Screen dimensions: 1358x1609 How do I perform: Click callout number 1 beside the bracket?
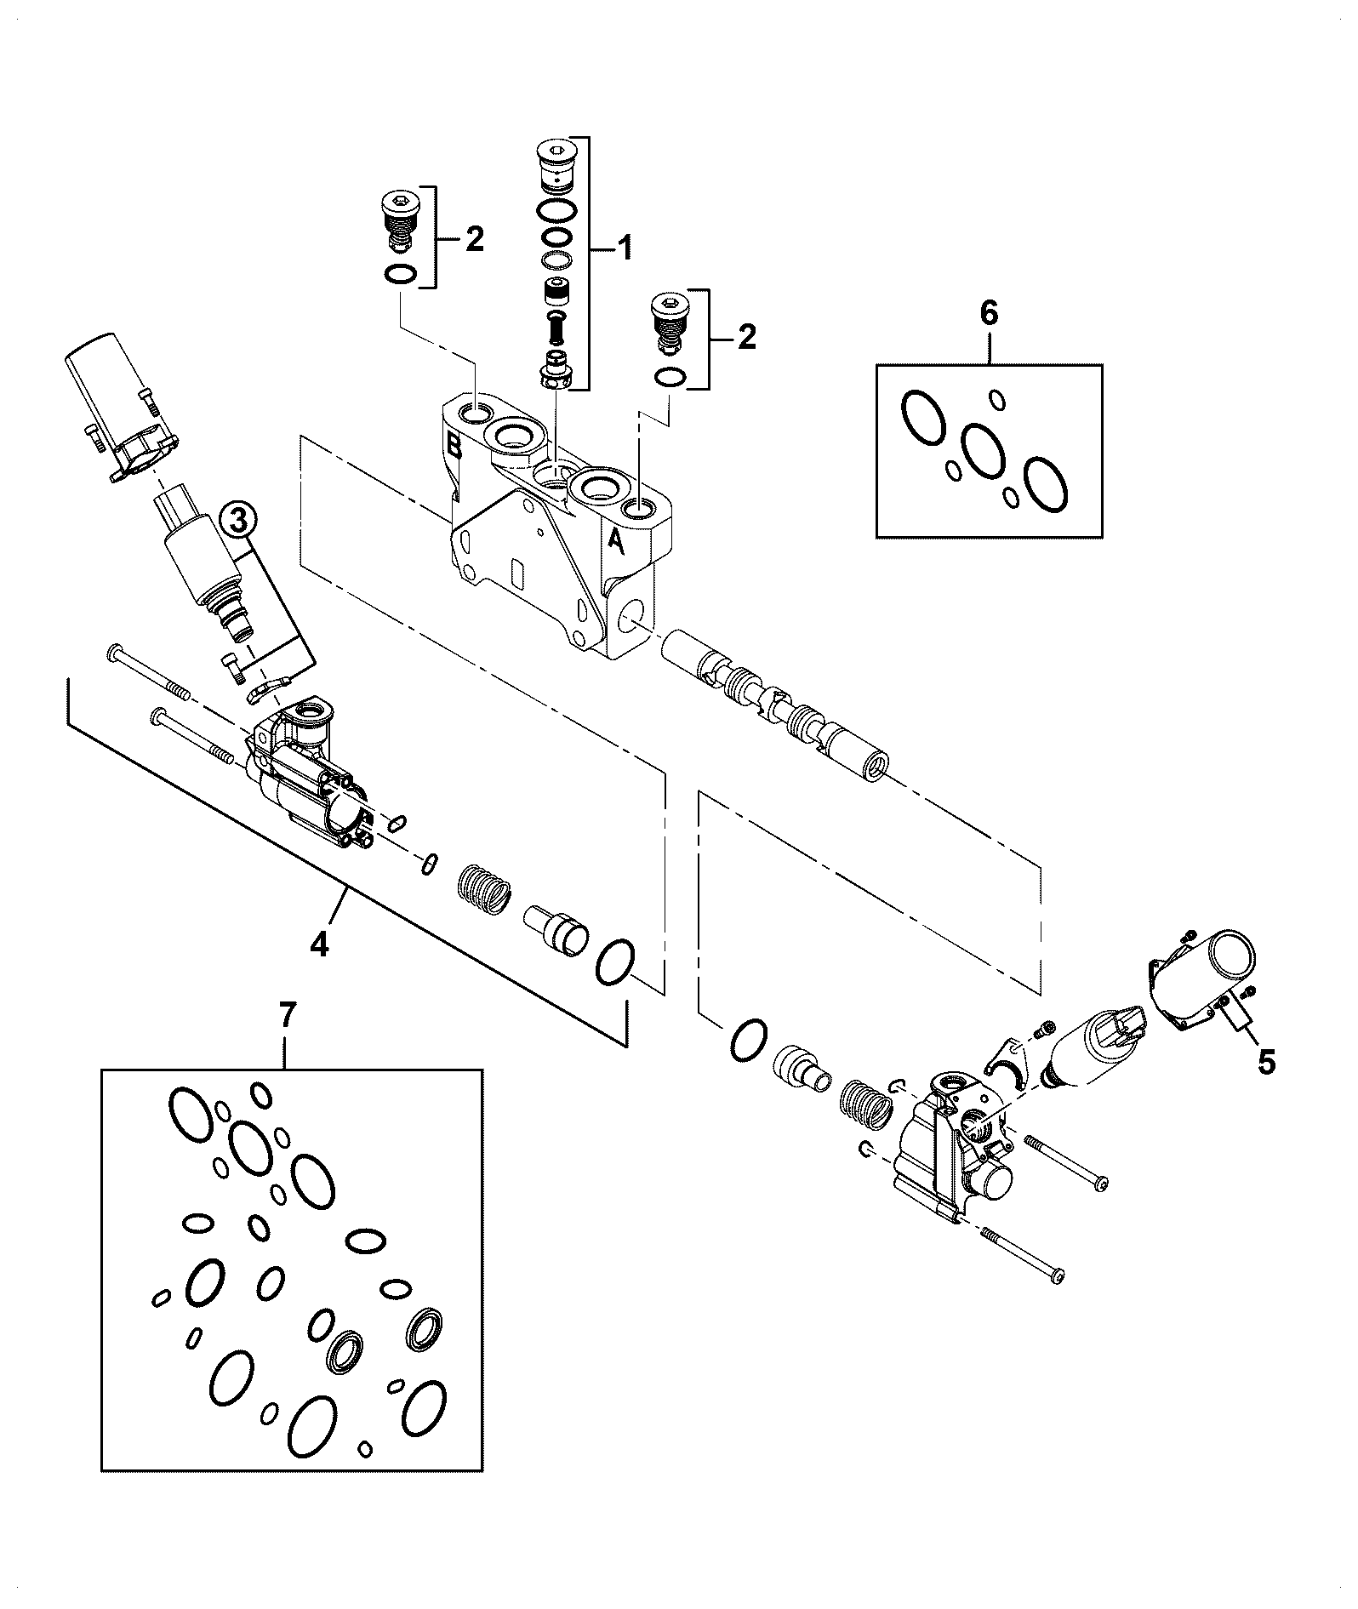pyautogui.click(x=625, y=249)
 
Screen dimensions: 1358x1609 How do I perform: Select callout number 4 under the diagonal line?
pyautogui.click(x=319, y=945)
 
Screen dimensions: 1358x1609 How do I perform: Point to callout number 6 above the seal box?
pyautogui.click(x=989, y=313)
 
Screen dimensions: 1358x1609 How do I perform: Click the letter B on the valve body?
pyautogui.click(x=454, y=444)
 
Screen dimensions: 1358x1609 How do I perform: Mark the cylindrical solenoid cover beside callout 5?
pyautogui.click(x=1201, y=977)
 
